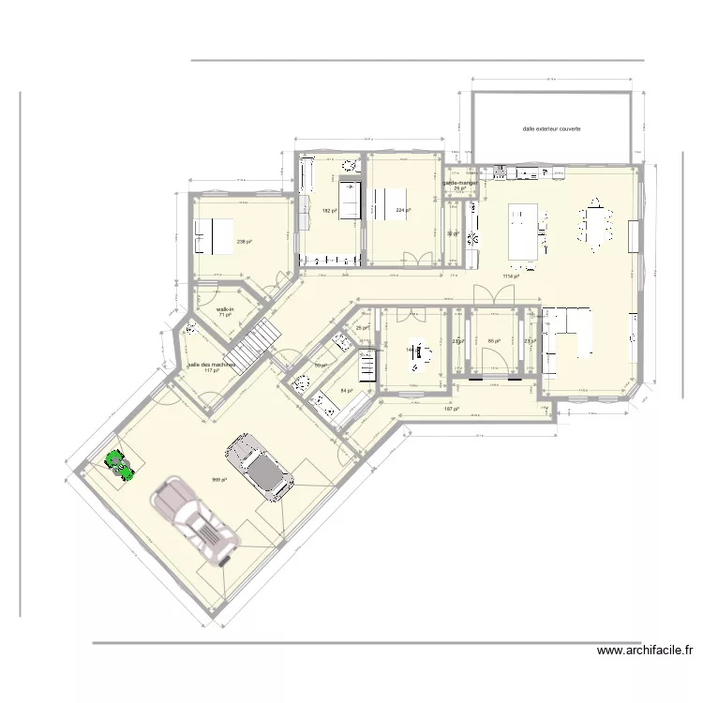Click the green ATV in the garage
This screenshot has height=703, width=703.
[x=117, y=464]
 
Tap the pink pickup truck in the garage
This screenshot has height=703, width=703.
[x=196, y=521]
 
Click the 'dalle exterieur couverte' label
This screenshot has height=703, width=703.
[x=551, y=129]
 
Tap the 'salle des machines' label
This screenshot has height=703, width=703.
[x=211, y=365]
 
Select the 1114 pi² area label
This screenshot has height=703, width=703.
[x=511, y=277]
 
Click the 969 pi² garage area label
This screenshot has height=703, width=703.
[x=218, y=480]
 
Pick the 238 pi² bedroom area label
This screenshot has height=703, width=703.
[x=245, y=242]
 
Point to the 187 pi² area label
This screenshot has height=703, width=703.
[x=450, y=410]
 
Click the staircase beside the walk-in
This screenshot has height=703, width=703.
[x=255, y=344]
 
